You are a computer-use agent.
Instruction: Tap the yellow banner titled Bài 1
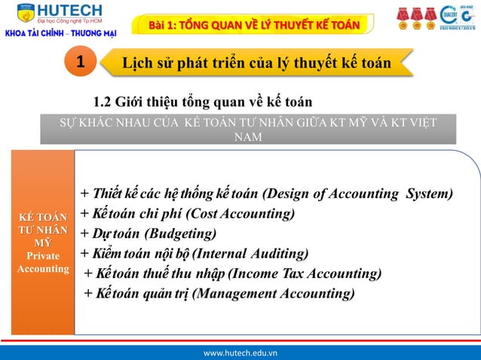tap(253, 25)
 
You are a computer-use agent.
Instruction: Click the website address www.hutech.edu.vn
tap(240, 352)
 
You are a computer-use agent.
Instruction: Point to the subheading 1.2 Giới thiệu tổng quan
tap(202, 102)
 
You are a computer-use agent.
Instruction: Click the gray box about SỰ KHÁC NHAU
tap(248, 129)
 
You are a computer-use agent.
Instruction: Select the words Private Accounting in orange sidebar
tap(42, 262)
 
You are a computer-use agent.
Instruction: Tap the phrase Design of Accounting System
tap(360, 194)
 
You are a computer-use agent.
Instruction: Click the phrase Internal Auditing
tap(262, 253)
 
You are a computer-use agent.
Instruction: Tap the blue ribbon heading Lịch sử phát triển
tap(256, 63)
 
